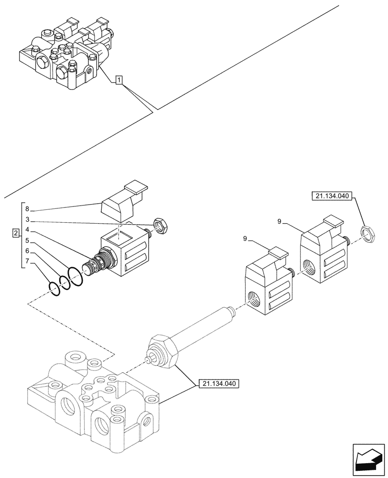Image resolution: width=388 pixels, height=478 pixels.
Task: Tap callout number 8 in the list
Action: [27, 209]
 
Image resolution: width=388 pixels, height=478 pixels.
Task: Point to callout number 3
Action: [27, 219]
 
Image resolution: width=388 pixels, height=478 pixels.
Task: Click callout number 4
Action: [27, 229]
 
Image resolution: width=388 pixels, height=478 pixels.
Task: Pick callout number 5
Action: [27, 240]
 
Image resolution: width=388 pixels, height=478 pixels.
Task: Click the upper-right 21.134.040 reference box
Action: [331, 196]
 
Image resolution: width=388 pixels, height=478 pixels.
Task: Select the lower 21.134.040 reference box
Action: [217, 384]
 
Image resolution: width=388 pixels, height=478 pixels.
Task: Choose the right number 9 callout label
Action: [280, 221]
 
